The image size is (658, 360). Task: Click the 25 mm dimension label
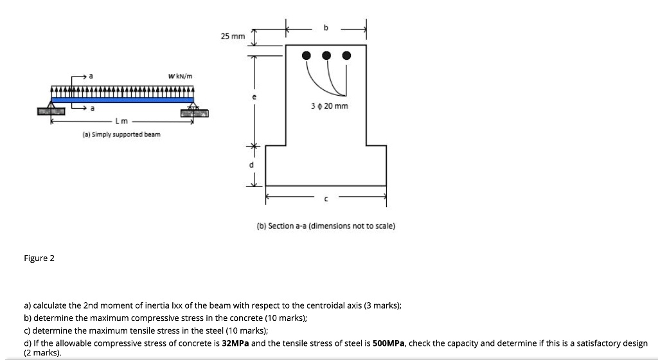click(233, 37)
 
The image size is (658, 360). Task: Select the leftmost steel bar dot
click(308, 55)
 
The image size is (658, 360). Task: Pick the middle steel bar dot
click(328, 55)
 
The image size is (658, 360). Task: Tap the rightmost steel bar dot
click(347, 55)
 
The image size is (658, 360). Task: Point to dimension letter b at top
click(326, 28)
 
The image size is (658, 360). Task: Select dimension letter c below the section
click(326, 198)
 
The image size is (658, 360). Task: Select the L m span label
click(121, 121)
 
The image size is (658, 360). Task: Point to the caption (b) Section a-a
click(326, 226)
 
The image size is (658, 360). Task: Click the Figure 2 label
click(39, 258)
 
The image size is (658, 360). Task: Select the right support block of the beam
click(195, 113)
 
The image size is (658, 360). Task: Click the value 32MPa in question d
click(235, 343)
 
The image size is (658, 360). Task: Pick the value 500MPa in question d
click(389, 343)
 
